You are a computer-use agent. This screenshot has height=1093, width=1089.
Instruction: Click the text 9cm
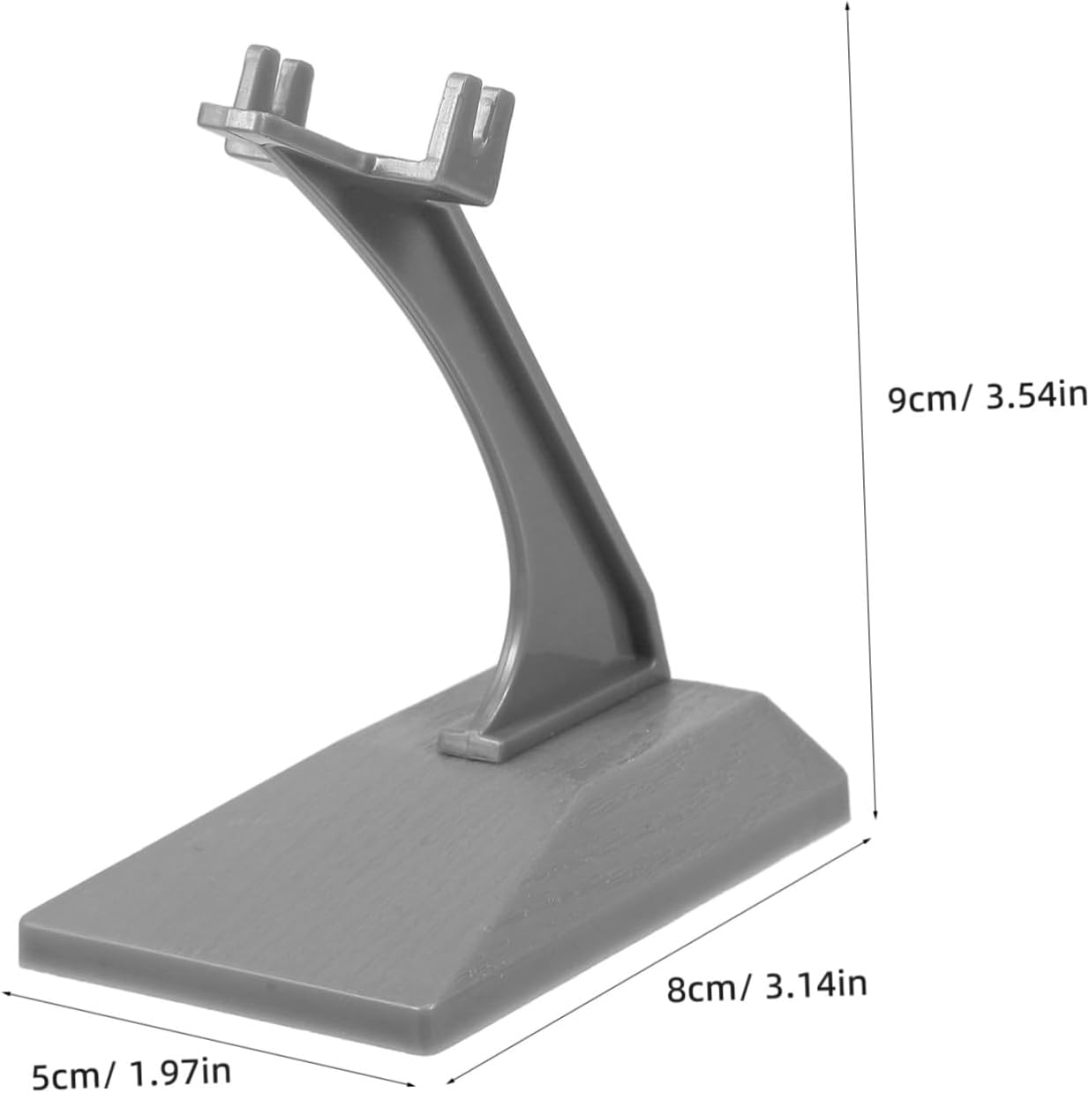coord(920,399)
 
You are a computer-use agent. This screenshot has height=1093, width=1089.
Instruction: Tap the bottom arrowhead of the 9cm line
coord(875,813)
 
